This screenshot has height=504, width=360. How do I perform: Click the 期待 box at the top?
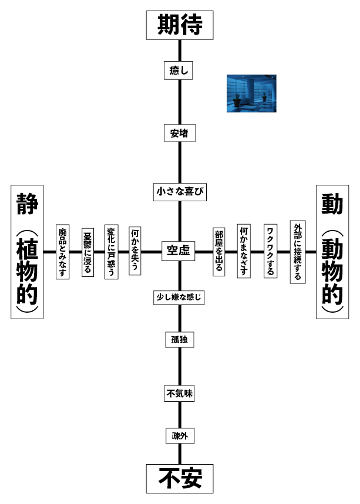coord(179,25)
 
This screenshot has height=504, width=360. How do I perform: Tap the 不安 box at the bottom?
coord(179,478)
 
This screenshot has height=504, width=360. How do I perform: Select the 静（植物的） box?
coord(27,252)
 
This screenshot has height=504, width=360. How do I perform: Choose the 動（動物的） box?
coord(332,252)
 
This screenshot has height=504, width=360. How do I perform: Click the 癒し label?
coord(179,70)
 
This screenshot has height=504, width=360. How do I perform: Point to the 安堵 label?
coord(179,133)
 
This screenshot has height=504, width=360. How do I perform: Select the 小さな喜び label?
coord(180,191)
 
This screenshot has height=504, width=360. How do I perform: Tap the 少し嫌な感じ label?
coord(179,297)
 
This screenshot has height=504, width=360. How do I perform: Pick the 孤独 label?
coord(179,340)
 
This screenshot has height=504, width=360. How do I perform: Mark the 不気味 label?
coord(179,394)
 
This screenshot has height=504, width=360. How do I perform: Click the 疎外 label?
coord(179,436)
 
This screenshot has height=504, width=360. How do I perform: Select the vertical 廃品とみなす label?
coord(62,252)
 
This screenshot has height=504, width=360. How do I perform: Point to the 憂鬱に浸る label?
coord(87,252)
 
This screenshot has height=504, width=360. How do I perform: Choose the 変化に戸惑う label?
coord(111,252)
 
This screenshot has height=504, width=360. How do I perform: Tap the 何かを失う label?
coord(135,252)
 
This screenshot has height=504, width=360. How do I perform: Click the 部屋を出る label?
coord(218,252)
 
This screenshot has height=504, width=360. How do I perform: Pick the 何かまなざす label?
coord(244,252)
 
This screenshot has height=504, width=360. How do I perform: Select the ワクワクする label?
coord(271,252)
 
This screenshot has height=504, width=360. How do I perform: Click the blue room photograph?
coord(252,93)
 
